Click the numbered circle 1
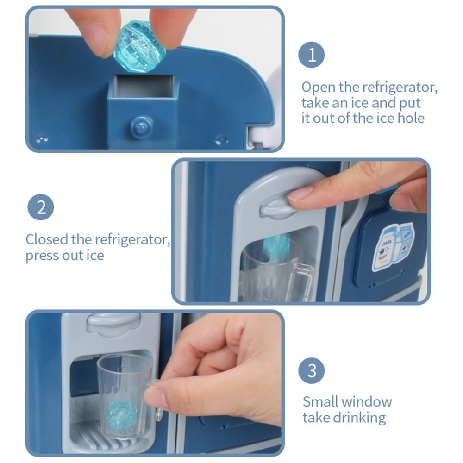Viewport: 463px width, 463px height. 311,55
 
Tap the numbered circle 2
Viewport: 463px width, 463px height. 41,207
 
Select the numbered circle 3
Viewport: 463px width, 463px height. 311,370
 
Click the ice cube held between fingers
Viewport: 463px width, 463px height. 139,46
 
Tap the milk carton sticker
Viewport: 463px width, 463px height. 393,247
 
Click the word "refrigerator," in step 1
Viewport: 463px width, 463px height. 400,88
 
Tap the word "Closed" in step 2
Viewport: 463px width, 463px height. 47,239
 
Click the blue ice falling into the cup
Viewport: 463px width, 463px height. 276,247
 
